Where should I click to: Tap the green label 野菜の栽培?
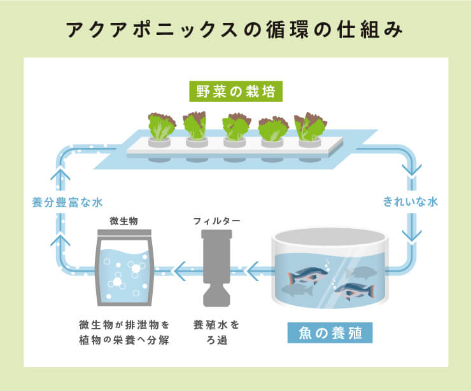pyautogui.click(x=236, y=92)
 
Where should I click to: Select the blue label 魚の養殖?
pyautogui.click(x=330, y=332)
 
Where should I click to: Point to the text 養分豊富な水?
pyautogui.click(x=67, y=203)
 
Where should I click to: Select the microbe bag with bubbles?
pyautogui.click(x=124, y=270)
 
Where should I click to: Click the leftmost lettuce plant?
pyautogui.click(x=161, y=126)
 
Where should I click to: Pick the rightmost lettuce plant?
pyautogui.click(x=310, y=126)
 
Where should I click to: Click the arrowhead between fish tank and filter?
pyautogui.click(x=253, y=272)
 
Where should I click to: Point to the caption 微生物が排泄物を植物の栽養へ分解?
pyautogui.click(x=124, y=331)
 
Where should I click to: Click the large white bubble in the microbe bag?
pyautogui.click(x=136, y=269)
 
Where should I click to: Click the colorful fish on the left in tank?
pyautogui.click(x=306, y=275)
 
